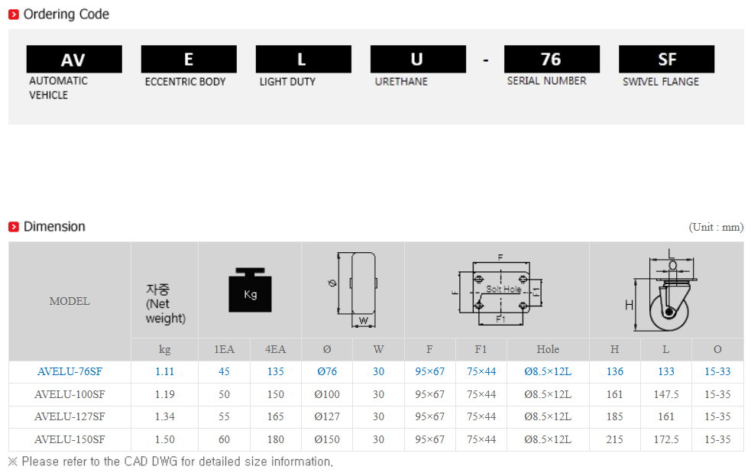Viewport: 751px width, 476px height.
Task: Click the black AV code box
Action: (74, 59)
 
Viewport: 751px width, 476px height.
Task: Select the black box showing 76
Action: (552, 59)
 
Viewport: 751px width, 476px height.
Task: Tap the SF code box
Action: (666, 59)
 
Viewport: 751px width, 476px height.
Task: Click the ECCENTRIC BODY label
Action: (186, 82)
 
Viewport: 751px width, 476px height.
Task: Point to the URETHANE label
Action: (401, 82)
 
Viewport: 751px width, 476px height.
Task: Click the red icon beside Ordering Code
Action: (14, 15)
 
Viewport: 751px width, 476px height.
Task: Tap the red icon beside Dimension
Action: (14, 226)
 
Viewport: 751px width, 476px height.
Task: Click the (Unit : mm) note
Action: (716, 227)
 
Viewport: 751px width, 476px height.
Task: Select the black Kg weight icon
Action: (250, 290)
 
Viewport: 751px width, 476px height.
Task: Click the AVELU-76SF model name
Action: (70, 371)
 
